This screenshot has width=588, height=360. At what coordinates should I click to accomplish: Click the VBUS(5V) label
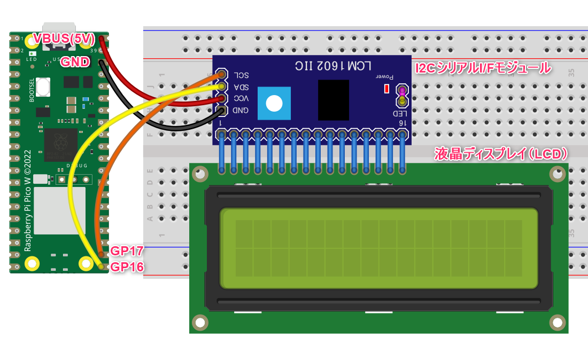[x=64, y=38]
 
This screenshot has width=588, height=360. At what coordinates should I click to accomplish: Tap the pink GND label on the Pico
[x=74, y=61]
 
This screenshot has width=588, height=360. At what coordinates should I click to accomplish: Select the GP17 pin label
[x=127, y=251]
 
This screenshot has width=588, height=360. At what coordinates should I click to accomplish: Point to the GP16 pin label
[x=127, y=267]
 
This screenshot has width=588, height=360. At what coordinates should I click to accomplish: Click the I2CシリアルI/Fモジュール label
[x=483, y=68]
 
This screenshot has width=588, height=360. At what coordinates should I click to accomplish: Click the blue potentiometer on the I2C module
[x=274, y=104]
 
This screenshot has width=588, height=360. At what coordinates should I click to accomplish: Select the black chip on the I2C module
[x=333, y=100]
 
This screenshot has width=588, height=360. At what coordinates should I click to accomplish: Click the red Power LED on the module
[x=386, y=89]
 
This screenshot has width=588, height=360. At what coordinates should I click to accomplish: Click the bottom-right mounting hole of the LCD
[x=557, y=323]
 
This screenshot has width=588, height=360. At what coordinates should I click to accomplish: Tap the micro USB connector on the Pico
[x=59, y=30]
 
